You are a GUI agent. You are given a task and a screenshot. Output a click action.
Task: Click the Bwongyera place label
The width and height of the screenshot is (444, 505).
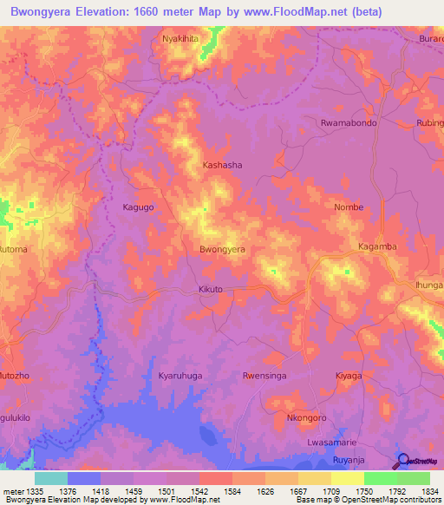pyautogui.click(x=222, y=249)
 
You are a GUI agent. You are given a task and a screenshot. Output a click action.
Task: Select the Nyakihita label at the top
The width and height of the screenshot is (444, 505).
pyautogui.click(x=180, y=40)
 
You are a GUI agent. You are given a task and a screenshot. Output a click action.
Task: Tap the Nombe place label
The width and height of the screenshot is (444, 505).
pyautogui.click(x=349, y=207)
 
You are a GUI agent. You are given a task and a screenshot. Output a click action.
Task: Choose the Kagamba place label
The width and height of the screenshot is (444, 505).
pyautogui.click(x=377, y=246)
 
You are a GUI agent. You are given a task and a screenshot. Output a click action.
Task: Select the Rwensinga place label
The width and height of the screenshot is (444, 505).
pyautogui.click(x=265, y=376)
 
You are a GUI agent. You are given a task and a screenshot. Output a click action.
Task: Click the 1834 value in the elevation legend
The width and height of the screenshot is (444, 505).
pyautogui.click(x=413, y=491)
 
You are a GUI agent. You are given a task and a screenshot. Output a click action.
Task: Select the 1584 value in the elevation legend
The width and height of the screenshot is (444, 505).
pyautogui.click(x=215, y=491)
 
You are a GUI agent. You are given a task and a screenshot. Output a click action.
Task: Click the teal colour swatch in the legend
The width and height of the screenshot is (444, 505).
pyautogui.click(x=50, y=478)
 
